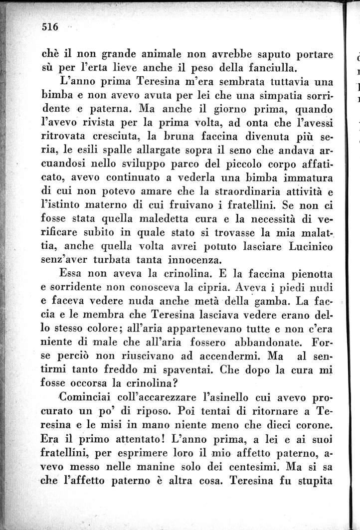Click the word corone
[308, 425]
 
